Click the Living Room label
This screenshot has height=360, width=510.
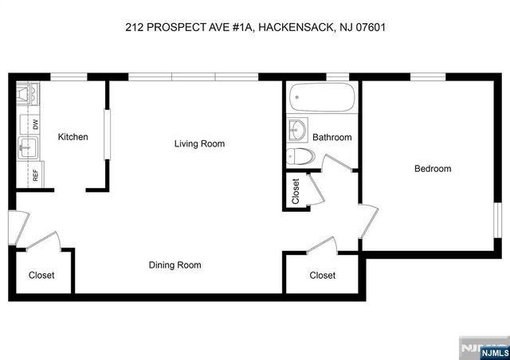coord(200,144)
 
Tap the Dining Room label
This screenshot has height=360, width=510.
coord(175,265)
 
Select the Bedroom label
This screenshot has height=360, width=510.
coord(432,169)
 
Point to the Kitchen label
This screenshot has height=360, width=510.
coord(73,137)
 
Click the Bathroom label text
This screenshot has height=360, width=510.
coord(331,137)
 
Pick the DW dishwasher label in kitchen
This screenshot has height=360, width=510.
coord(35,124)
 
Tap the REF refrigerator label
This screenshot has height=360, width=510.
coord(35,174)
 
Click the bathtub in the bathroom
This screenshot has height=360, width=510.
coord(320,99)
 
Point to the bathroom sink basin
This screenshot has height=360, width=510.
coord(299,128)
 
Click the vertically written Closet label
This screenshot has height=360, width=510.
coord(296,191)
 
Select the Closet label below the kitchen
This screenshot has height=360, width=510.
coord(41,276)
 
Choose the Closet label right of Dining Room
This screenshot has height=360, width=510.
coord(322,276)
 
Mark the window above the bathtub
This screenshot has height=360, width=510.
coord(338,77)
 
